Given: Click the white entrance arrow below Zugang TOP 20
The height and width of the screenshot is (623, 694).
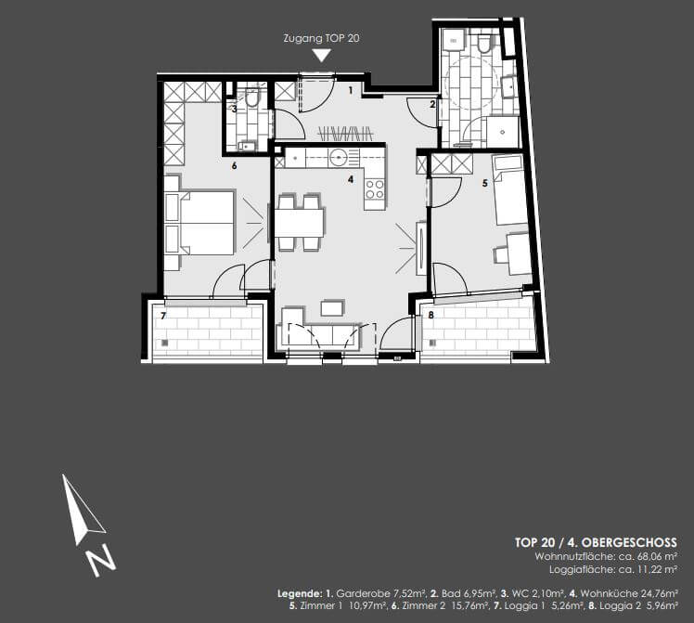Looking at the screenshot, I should click(321, 56).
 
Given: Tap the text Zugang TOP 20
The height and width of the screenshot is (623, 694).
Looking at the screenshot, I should click(321, 40).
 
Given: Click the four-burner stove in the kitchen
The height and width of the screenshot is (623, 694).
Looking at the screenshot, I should click(375, 188).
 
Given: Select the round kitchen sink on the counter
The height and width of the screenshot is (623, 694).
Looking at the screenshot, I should click(340, 158).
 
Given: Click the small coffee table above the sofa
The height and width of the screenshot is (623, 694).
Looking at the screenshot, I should click(332, 306).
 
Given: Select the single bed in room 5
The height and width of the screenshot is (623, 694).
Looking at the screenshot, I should click(510, 190).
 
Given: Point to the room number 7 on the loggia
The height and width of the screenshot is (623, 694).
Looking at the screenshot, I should click(163, 317).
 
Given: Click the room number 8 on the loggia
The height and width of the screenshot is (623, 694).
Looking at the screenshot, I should click(431, 316).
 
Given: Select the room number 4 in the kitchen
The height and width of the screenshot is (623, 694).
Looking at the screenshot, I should click(350, 178).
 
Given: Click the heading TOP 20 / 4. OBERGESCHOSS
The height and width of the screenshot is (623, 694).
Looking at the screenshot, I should click(596, 542).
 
